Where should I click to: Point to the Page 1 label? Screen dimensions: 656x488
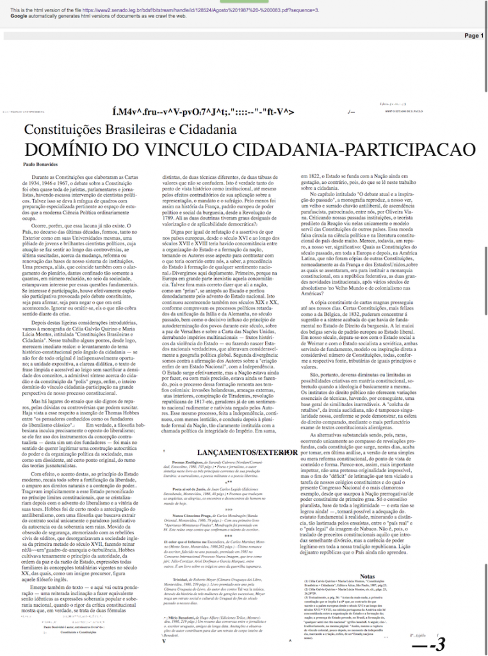pyautogui.click(x=473, y=36)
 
